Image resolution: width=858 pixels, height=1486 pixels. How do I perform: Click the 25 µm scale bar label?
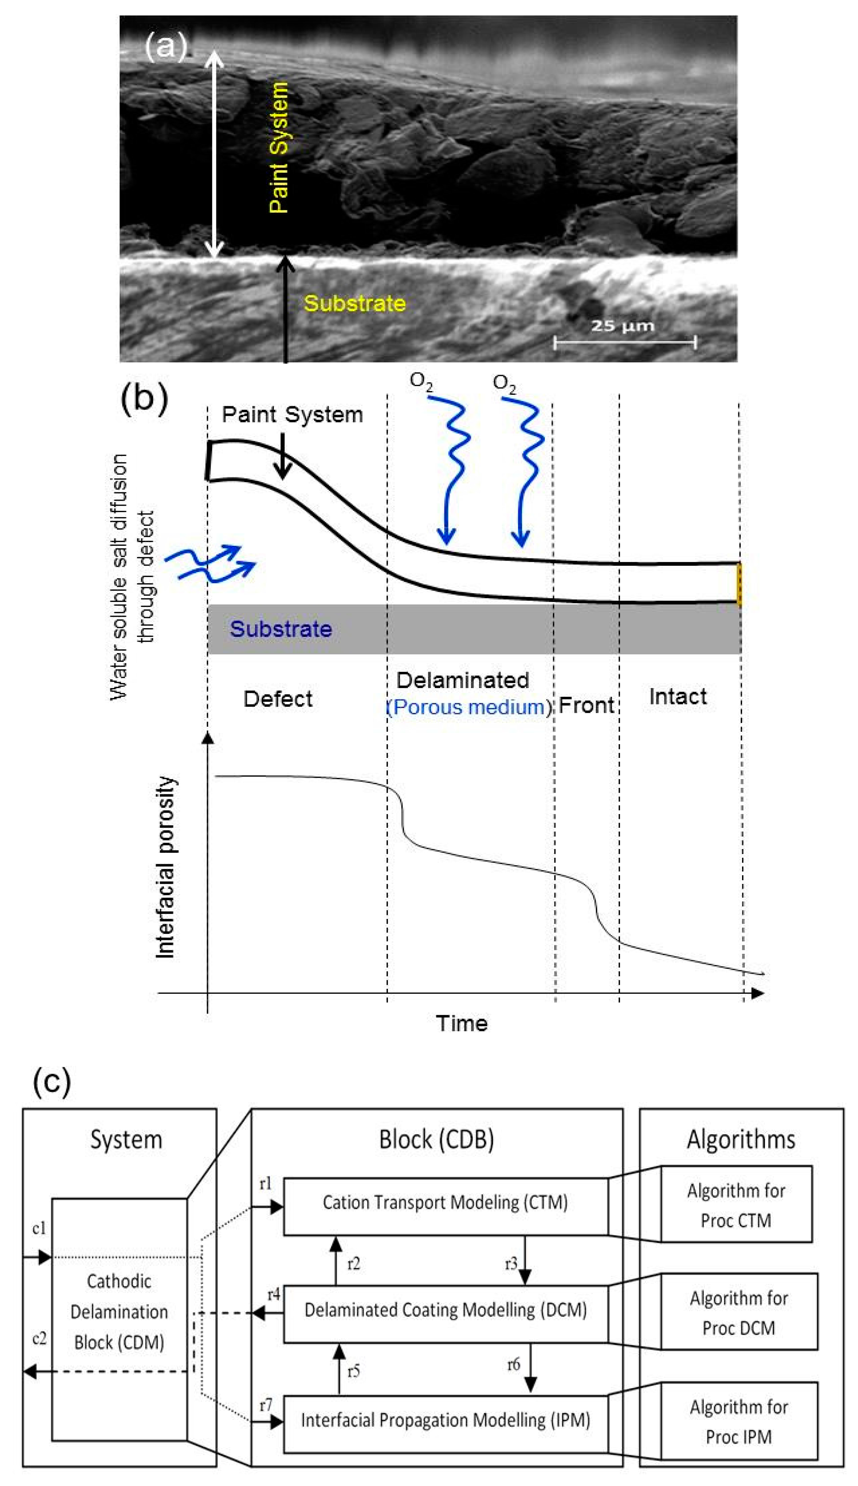(x=622, y=326)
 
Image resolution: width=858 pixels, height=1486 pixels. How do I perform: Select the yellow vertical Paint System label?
(x=279, y=147)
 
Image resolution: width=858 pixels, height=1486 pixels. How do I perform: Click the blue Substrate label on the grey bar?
(x=281, y=629)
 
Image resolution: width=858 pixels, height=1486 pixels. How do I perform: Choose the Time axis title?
(x=461, y=1023)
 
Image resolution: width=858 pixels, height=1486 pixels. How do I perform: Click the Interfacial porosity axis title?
(x=166, y=867)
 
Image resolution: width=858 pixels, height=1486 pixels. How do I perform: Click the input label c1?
(x=39, y=1228)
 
